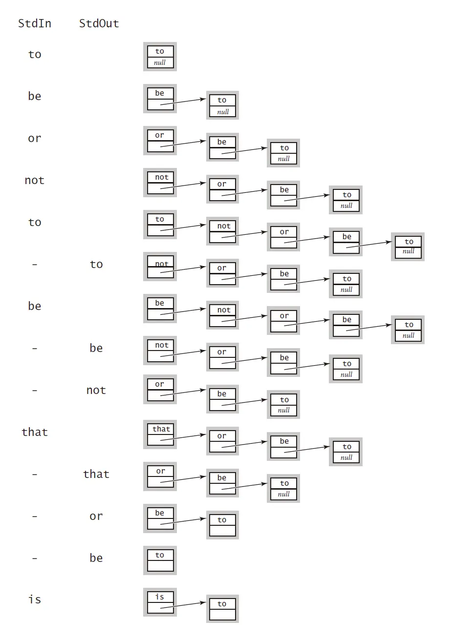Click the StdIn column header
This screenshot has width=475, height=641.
[35, 23]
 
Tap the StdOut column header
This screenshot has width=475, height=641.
[99, 23]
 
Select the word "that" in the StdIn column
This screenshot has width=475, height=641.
[35, 432]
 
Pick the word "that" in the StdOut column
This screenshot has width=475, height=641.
[96, 474]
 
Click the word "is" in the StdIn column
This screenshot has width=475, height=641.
[35, 600]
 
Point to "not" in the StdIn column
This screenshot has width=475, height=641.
[35, 180]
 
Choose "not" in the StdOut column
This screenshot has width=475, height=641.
[96, 390]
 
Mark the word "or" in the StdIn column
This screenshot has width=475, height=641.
[35, 138]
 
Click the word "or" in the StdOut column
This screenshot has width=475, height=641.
[96, 516]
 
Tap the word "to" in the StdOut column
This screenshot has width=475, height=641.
[96, 264]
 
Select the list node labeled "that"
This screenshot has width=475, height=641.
[160, 434]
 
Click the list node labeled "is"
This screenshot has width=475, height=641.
[160, 602]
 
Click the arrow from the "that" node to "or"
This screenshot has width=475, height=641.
[183, 437]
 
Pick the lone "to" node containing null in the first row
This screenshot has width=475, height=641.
[160, 57]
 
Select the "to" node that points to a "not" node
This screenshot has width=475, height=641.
[160, 225]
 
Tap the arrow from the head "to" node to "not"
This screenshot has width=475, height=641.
[183, 227]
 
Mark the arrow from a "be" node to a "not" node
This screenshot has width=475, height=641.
[183, 311]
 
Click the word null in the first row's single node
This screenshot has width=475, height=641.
[160, 62]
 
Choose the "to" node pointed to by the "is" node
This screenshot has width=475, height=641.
[222, 609]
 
